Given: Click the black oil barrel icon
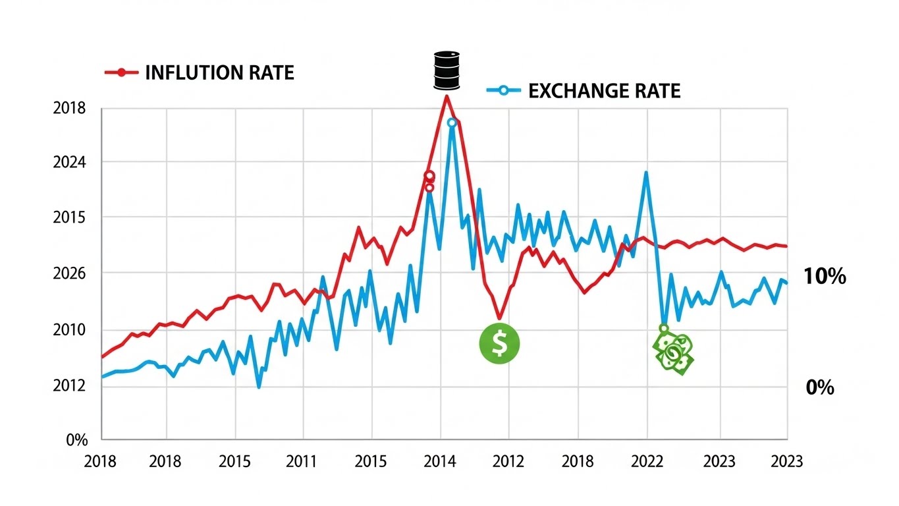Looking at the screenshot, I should tap(446, 70).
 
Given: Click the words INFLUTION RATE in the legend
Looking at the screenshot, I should tap(219, 72).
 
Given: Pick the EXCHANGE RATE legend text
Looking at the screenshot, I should tap(604, 91).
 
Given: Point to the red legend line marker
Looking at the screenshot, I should tap(121, 72).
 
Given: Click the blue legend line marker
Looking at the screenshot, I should tap(503, 91).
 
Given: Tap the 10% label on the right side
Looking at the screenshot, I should tap(825, 277).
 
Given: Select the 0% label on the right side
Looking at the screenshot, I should tap(820, 388).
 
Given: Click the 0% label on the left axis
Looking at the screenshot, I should tap(77, 440).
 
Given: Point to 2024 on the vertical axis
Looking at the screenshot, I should tap(69, 163).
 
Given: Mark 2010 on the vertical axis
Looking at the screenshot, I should tap(69, 329).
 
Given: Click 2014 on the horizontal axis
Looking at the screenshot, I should tap(440, 461).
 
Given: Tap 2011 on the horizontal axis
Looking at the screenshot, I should tap(303, 461).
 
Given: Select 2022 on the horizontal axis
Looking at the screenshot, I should tap(647, 461).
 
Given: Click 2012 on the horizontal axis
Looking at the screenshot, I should tap(509, 461).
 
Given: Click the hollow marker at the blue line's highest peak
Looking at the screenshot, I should tap(452, 123).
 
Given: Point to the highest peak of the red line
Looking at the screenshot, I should tap(447, 96).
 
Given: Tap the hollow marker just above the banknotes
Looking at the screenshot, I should tap(664, 328).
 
